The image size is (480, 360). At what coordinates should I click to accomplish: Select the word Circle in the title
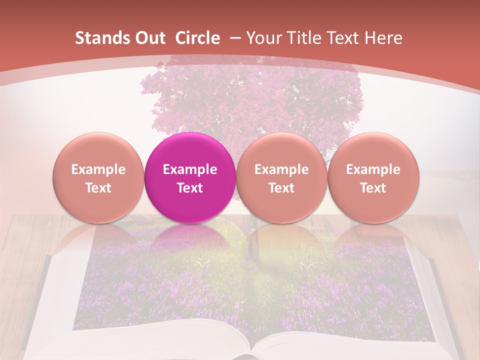tap(197, 38)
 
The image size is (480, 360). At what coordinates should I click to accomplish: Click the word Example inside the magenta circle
tap(190, 169)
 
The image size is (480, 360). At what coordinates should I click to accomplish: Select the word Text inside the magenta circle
tap(190, 188)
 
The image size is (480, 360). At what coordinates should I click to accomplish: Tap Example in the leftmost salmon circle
tap(98, 169)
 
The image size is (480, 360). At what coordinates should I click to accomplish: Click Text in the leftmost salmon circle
tap(98, 188)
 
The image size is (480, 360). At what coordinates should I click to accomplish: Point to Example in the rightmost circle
tap(373, 169)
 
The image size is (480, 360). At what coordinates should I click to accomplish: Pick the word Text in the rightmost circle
tap(373, 188)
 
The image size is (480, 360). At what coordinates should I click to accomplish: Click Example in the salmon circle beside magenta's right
tap(281, 169)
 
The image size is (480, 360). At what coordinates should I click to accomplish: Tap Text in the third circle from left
tap(281, 188)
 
